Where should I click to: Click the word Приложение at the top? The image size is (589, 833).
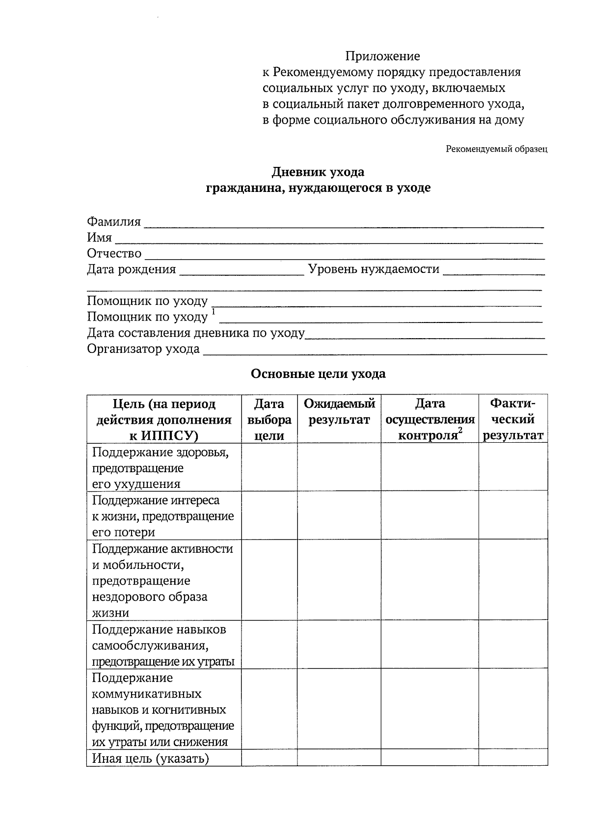click(x=382, y=56)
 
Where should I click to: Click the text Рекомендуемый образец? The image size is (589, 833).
click(x=496, y=149)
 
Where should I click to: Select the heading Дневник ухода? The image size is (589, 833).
click(x=318, y=172)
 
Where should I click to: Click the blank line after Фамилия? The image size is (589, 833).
click(x=344, y=224)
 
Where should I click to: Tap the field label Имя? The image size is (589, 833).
click(x=99, y=238)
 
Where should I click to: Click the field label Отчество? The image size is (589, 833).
click(x=114, y=254)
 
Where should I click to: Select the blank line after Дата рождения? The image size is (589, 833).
click(x=241, y=271)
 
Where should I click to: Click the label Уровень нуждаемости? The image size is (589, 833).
click(x=374, y=269)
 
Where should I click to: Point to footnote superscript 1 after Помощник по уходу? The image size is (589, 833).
click(x=214, y=311)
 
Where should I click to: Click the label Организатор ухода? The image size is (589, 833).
click(x=143, y=349)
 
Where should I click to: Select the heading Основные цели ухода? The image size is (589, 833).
click(x=318, y=374)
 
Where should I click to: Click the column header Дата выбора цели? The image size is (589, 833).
click(x=269, y=419)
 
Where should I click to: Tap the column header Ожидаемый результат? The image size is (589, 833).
click(x=339, y=412)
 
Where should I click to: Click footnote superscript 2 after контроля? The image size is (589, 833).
click(x=460, y=430)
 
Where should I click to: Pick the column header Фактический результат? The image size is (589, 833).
click(x=513, y=419)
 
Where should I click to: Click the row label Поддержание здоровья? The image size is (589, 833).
click(x=160, y=452)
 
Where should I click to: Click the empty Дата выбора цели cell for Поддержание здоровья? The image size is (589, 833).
click(x=269, y=467)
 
